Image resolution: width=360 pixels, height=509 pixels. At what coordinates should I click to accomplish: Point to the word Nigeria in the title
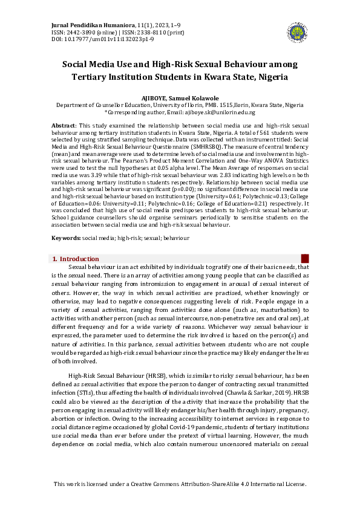pos(272,77)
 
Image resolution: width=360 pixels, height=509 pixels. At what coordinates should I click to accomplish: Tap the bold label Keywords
pos(65,238)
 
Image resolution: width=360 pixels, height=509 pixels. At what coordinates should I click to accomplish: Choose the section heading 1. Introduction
pos(76,259)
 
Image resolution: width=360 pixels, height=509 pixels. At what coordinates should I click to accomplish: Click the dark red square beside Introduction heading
pos(305,258)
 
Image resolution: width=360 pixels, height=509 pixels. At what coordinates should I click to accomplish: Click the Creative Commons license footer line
pos(180,484)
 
